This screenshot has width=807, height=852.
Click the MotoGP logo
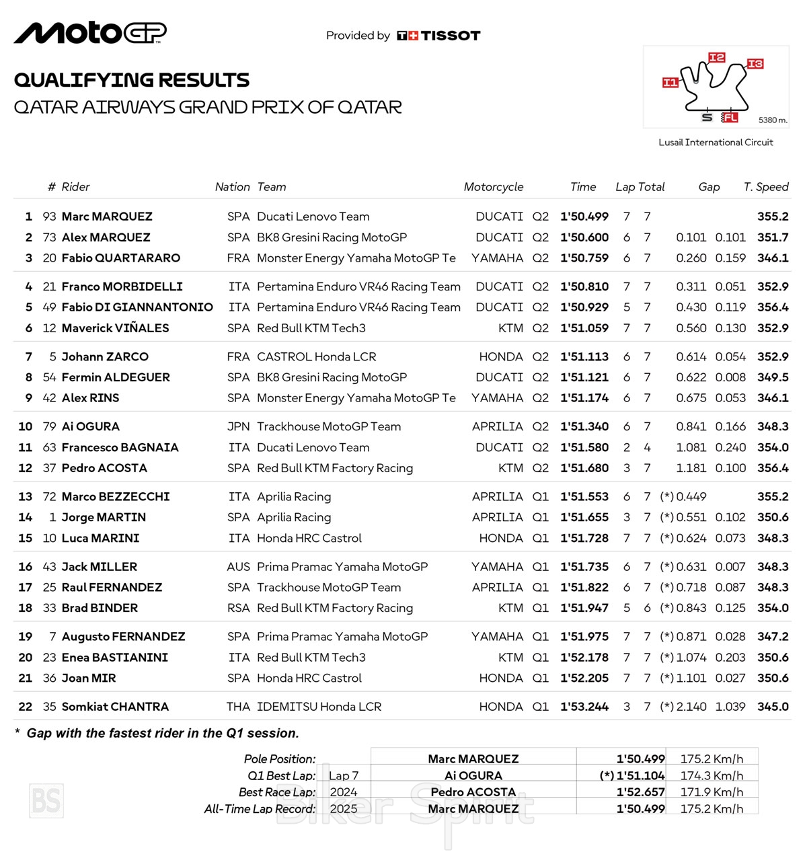(x=90, y=33)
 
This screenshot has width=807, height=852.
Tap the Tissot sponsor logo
(x=438, y=36)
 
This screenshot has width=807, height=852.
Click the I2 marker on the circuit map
(x=717, y=58)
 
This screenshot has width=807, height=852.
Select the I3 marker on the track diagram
(x=755, y=64)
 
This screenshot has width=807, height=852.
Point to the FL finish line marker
(x=730, y=118)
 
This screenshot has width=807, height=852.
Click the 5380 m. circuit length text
(x=773, y=120)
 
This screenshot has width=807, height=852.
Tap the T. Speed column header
(x=766, y=187)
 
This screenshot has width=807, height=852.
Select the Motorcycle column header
(x=493, y=187)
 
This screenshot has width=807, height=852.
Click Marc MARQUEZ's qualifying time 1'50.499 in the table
(x=584, y=217)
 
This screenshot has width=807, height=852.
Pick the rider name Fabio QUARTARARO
(x=121, y=258)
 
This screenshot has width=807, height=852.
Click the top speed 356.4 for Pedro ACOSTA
(x=773, y=468)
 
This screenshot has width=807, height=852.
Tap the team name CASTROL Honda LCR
(x=317, y=357)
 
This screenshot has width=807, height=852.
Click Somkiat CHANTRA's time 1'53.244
(x=584, y=707)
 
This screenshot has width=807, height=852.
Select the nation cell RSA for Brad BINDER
(x=238, y=608)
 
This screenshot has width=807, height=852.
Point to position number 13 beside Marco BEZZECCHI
(x=26, y=497)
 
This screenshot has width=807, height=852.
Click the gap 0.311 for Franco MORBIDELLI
(x=691, y=287)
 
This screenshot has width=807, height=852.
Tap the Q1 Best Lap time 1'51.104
(x=640, y=776)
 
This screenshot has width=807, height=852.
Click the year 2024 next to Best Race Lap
(x=344, y=792)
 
